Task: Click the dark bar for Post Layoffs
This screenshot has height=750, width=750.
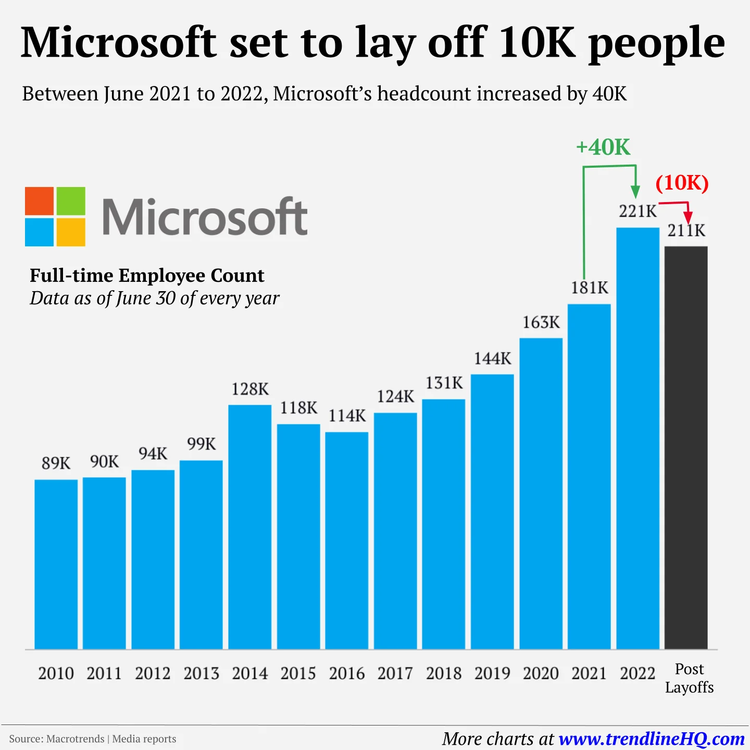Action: point(686,448)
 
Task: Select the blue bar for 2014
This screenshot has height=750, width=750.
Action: point(250,526)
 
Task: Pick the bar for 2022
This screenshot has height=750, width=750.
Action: point(637,438)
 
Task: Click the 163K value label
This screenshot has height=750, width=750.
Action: point(541,322)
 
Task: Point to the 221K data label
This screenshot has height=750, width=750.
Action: point(637,211)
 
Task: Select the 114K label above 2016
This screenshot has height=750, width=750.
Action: point(347,416)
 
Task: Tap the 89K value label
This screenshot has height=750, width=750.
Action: point(56,463)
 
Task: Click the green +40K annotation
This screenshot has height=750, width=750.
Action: point(603,147)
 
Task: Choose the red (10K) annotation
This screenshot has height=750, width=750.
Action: point(682,183)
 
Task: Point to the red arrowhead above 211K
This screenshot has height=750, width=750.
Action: point(688,217)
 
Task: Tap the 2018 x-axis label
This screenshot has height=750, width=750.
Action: point(444,673)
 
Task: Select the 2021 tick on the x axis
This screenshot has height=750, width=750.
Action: point(589,673)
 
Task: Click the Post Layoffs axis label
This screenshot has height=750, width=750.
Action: point(689,678)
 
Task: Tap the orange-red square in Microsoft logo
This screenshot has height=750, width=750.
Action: point(40,201)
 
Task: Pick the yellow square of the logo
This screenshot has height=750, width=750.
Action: point(71,232)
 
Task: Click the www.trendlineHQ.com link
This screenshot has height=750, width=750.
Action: point(651,739)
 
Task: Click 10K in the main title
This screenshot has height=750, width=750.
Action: point(537,43)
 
